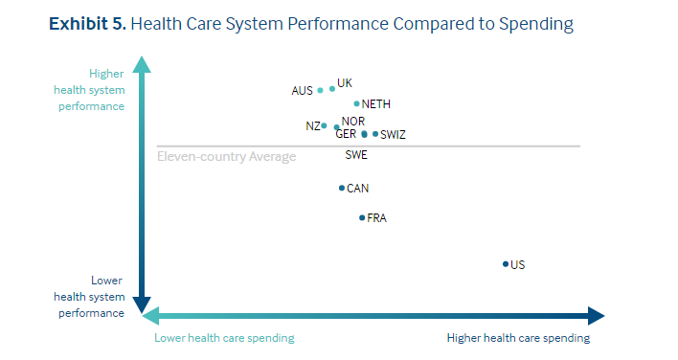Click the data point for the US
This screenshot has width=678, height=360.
505,264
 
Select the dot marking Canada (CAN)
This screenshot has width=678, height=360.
342,188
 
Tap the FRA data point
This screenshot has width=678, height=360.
362,218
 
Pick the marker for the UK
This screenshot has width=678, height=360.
332,88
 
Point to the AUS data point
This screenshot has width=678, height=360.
320,91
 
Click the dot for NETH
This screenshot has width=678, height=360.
356,104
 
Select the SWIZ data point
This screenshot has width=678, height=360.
375,134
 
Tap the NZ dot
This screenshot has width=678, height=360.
324,125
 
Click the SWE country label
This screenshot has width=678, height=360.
356,155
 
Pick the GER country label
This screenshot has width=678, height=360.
346,135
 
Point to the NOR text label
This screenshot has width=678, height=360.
353,122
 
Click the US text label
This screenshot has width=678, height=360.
518,265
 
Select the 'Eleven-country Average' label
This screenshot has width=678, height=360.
226,157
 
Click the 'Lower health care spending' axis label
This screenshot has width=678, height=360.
224,338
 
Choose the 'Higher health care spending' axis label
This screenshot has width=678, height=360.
518,338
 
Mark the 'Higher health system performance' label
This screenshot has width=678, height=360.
106,89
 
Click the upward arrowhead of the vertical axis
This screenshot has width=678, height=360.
142,64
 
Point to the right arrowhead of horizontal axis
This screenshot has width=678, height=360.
596,316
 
